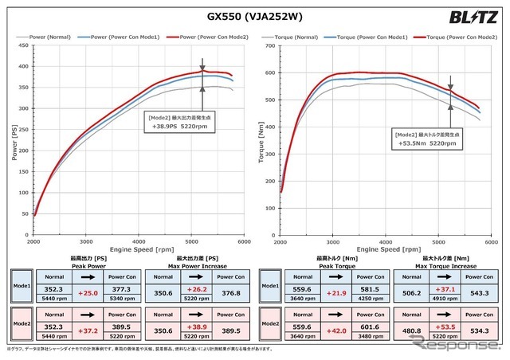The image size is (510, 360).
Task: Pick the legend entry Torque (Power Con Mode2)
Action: point(460,37)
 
